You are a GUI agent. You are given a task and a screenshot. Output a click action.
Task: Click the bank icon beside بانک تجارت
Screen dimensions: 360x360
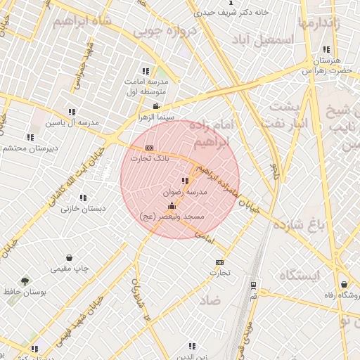(149, 148)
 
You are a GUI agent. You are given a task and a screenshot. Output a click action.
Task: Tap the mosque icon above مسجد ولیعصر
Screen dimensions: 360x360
(172, 206)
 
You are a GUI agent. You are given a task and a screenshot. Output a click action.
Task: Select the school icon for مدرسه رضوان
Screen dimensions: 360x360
(185, 181)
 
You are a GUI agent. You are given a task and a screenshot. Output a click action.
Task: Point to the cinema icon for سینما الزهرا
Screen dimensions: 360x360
(156, 106)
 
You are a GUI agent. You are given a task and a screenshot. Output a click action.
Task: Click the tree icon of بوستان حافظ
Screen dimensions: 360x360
(26, 280)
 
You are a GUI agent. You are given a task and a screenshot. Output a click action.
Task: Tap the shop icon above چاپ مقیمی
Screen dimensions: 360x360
(69, 258)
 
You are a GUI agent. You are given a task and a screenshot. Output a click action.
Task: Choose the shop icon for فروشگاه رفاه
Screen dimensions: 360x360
(344, 284)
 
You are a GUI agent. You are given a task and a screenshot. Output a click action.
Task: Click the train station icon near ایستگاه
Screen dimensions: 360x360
(253, 285)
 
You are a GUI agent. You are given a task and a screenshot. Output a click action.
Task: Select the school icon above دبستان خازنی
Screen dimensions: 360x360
(83, 198)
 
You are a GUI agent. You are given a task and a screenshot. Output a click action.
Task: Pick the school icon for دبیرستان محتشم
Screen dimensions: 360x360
(30, 137)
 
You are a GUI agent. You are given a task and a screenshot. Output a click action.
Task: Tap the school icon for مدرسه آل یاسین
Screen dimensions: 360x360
(72, 112)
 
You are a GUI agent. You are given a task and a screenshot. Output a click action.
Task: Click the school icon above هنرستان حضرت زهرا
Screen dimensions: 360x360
(326, 50)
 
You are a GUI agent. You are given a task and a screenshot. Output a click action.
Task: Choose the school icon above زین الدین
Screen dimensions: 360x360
(192, 345)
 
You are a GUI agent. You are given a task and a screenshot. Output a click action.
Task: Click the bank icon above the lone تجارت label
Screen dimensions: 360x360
(219, 262)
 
